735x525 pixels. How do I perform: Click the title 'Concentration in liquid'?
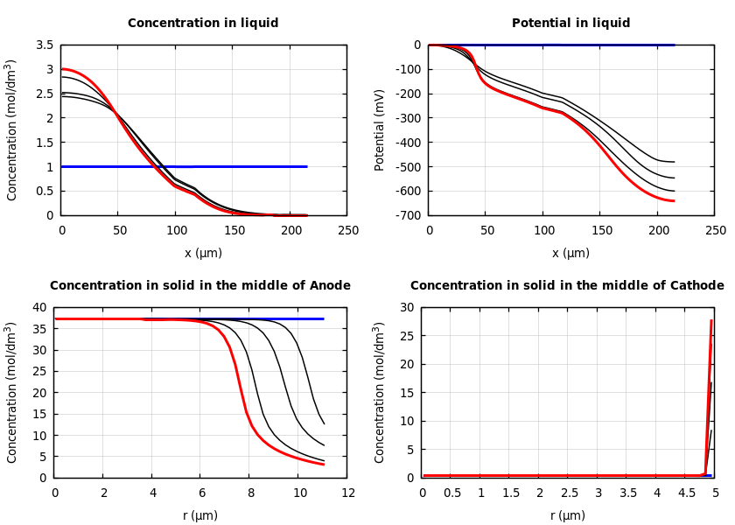coord(203,24)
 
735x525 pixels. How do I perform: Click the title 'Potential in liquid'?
coord(570,24)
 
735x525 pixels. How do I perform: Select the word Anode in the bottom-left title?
coord(330,286)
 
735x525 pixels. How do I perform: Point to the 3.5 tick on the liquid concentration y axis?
coord(44,45)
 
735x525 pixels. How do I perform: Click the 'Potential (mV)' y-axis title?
coord(380,129)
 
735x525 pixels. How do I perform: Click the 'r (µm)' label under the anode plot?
coord(200,516)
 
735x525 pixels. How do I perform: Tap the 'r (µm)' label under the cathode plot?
coord(568,516)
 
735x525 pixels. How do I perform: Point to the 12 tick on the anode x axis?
coord(347,493)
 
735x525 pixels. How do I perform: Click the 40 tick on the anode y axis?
coord(38,307)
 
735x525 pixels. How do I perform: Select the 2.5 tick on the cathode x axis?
coord(569,493)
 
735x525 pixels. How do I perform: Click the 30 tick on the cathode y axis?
coord(406,307)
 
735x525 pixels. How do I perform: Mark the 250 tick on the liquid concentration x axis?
coord(347,231)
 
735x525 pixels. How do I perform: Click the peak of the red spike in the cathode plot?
coord(711,320)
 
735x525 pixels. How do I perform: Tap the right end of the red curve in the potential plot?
coord(674,201)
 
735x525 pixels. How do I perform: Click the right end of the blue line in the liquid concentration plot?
coord(306,166)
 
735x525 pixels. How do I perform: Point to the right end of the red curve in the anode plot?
coord(324,465)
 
